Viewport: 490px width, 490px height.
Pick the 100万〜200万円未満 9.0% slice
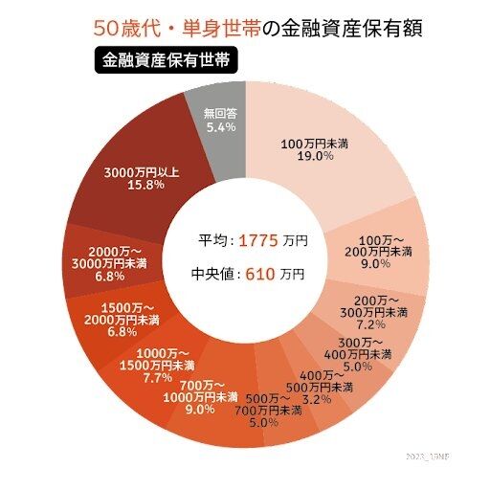(383, 251)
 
